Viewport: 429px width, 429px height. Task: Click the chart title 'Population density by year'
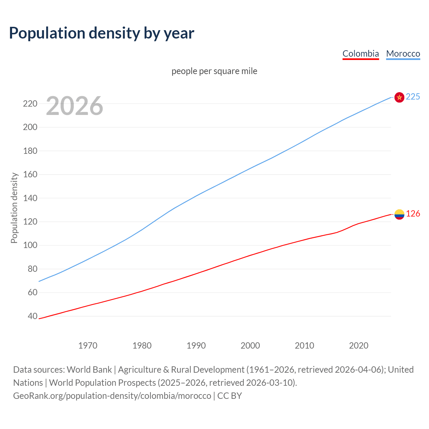102,33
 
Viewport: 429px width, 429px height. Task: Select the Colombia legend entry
361,54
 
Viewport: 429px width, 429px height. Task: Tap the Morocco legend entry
403,54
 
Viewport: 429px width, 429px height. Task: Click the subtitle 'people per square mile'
214,71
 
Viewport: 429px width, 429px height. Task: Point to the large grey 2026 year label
74,106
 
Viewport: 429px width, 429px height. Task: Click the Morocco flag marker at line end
399,97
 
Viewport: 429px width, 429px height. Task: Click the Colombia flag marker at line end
399,214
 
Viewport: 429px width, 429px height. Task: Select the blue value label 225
413,97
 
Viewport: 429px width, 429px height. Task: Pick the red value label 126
413,214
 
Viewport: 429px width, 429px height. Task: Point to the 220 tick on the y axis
30,104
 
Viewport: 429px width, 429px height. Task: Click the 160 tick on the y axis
30,175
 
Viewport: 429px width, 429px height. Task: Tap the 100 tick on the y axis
30,245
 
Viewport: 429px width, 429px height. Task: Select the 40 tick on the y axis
32,316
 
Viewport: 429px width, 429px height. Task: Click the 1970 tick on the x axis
88,346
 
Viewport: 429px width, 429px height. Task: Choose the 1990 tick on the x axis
196,346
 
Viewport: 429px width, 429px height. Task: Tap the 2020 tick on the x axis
359,346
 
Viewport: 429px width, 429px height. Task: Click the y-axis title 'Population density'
14,208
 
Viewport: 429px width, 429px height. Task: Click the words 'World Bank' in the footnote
89,370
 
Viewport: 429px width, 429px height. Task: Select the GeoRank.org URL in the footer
112,396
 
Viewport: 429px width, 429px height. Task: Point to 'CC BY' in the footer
230,396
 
